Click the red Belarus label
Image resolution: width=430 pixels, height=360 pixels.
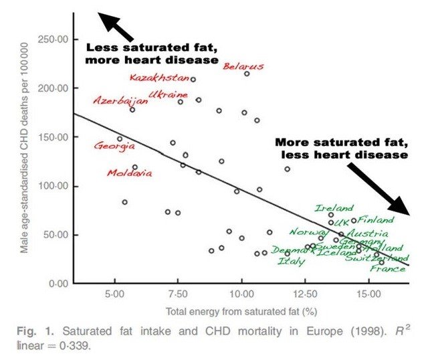click(243, 66)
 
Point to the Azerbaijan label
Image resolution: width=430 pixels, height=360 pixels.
click(120, 101)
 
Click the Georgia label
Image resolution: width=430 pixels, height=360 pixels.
click(114, 145)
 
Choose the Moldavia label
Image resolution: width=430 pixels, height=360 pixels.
click(129, 173)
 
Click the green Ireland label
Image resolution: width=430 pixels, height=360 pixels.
click(334, 208)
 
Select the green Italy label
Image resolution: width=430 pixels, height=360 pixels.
click(291, 262)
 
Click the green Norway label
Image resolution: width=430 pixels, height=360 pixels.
click(306, 232)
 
